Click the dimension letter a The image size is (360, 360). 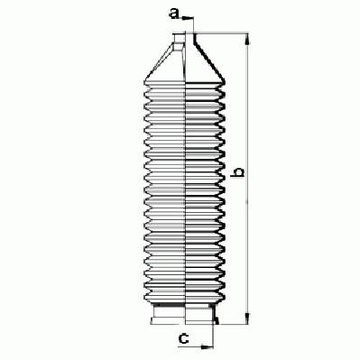[174, 14]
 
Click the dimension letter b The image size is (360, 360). [239, 172]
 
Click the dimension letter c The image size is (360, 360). [183, 338]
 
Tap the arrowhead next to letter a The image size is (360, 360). [188, 18]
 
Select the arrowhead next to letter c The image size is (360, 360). [208, 346]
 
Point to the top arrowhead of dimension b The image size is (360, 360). [247, 39]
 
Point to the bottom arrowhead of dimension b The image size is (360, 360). [247, 318]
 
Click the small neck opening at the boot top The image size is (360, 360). [179, 38]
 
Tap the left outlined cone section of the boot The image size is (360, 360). [165, 61]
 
